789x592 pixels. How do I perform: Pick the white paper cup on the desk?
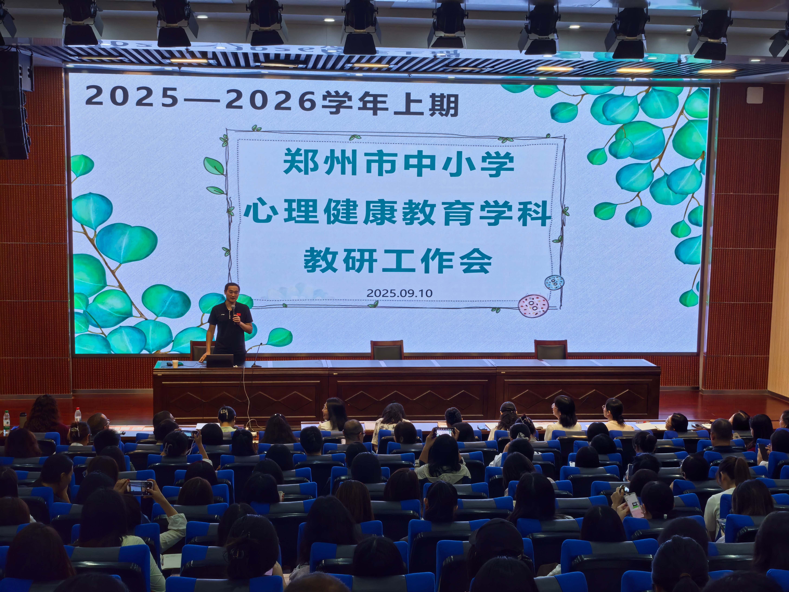175,364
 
